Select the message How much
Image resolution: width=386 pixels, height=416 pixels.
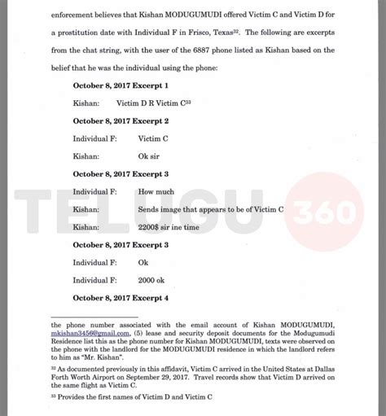tap(156, 192)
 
